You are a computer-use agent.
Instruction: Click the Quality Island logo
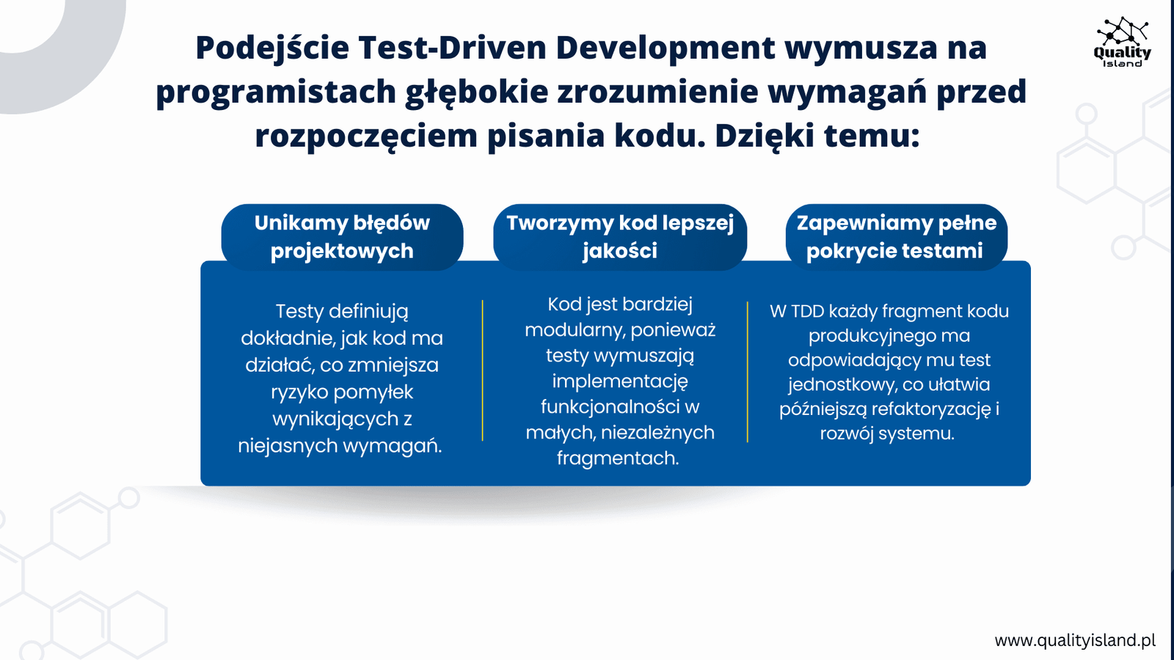click(1122, 42)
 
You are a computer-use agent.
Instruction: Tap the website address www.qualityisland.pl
click(1075, 640)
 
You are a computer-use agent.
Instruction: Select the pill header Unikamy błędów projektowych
click(342, 238)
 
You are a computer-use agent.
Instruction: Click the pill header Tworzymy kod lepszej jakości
click(620, 238)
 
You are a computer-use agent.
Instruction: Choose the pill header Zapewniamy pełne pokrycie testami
click(896, 238)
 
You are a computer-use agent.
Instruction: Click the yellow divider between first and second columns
click(482, 370)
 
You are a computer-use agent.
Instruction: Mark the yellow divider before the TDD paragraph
click(748, 372)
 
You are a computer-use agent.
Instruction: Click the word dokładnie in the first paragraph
click(289, 338)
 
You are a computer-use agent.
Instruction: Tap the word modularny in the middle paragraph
click(575, 331)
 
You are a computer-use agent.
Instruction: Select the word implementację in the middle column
click(620, 382)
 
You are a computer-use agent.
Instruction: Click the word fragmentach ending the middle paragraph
click(618, 459)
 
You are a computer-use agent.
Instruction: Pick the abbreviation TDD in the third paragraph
click(808, 311)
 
